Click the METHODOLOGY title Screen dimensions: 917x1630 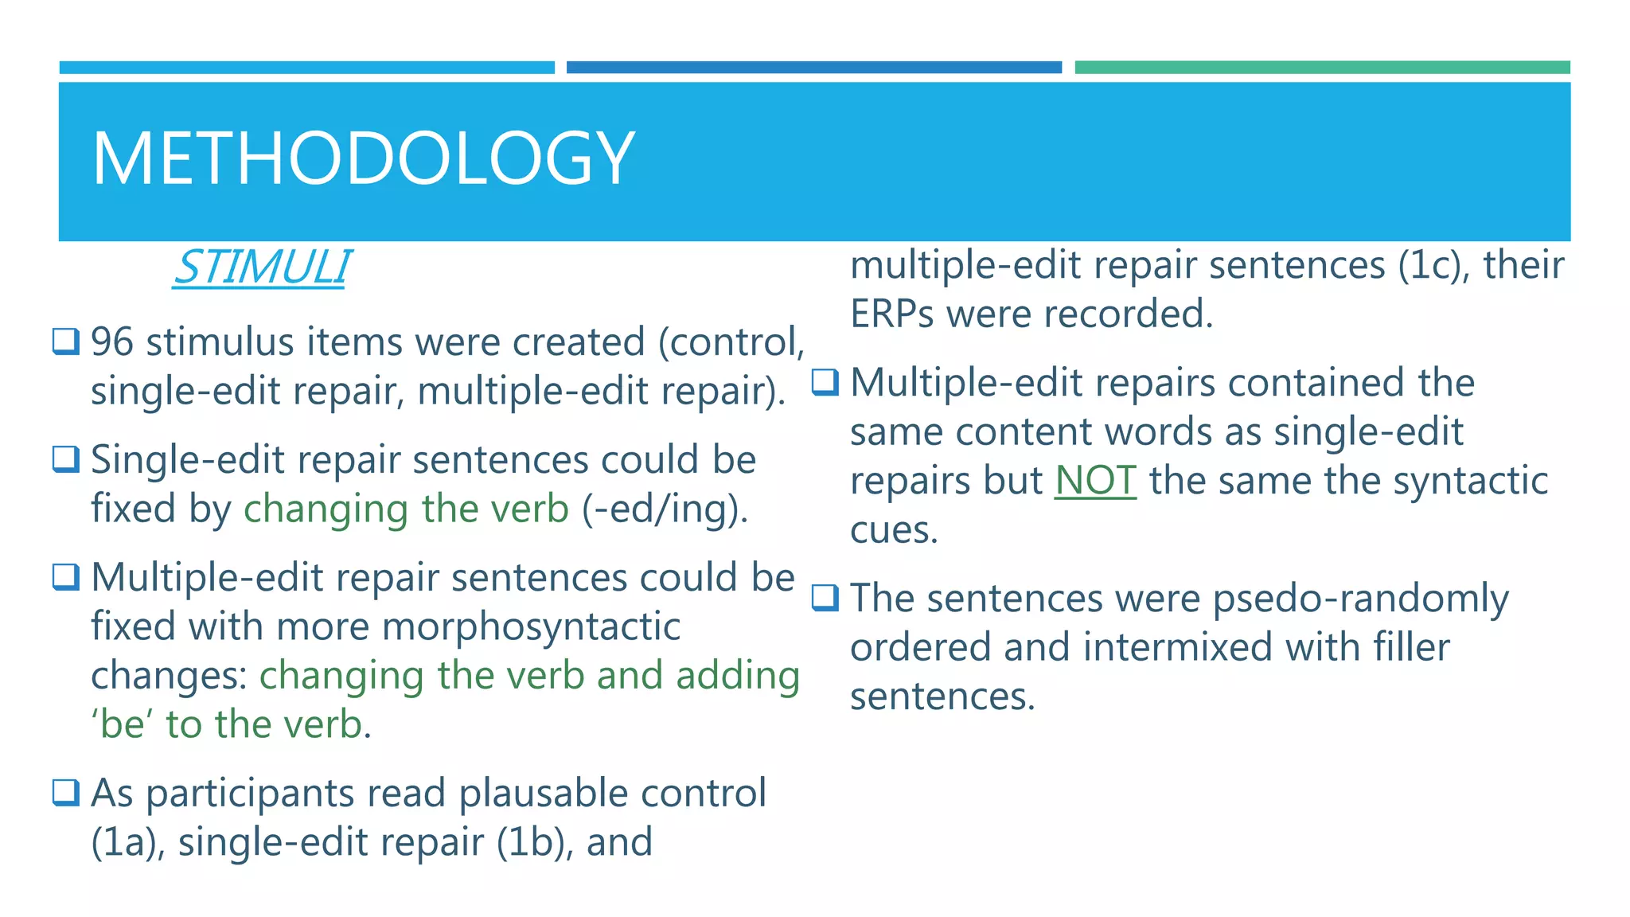point(363,158)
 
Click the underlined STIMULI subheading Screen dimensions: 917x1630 point(261,267)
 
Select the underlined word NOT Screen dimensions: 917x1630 point(1095,481)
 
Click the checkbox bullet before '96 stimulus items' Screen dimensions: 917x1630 point(66,341)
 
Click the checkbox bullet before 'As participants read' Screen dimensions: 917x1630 point(66,792)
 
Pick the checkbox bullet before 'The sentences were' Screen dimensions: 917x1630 point(825,597)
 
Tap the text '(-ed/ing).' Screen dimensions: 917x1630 point(665,509)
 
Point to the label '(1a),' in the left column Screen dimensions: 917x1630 point(127,842)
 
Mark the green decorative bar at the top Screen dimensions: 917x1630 point(1321,68)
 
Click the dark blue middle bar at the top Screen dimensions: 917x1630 point(813,68)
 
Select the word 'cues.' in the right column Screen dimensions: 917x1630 point(894,530)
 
